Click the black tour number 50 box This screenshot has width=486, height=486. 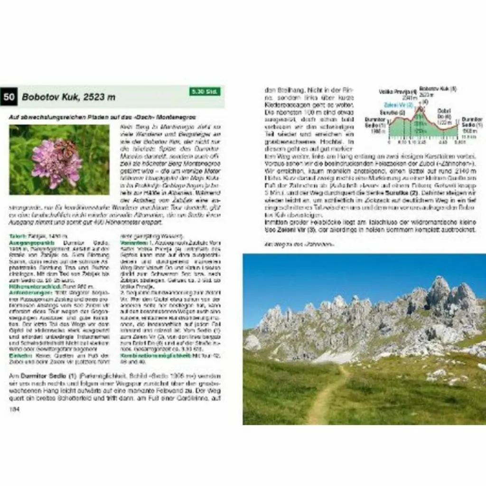(9, 97)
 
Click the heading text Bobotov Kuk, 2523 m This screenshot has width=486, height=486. (68, 97)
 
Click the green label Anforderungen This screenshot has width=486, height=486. (27, 292)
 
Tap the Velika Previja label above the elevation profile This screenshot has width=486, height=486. (398, 91)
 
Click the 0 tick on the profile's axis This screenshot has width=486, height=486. (389, 141)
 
